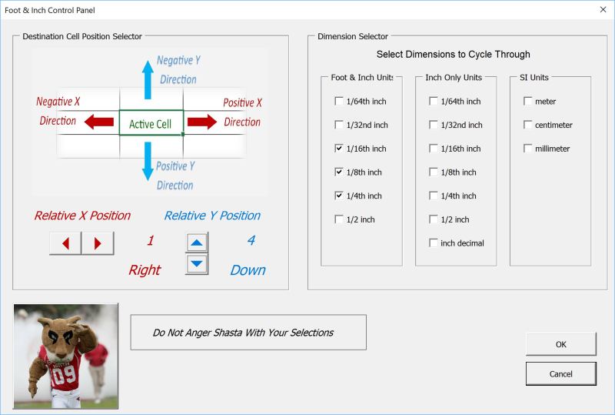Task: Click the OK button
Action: click(x=560, y=344)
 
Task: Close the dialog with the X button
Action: click(x=602, y=10)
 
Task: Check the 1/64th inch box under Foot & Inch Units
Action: click(x=339, y=102)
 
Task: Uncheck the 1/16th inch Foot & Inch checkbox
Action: click(x=339, y=149)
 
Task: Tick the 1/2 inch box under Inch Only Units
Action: click(x=434, y=219)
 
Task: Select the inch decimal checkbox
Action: click(x=434, y=243)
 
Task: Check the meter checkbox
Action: click(x=528, y=102)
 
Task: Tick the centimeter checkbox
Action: click(x=528, y=125)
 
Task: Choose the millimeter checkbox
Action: click(x=528, y=149)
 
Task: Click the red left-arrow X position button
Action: click(x=65, y=243)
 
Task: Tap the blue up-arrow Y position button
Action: click(x=198, y=243)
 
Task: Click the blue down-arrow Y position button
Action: click(x=198, y=263)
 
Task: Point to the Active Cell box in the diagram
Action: click(x=151, y=123)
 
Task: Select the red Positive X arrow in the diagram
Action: click(x=201, y=122)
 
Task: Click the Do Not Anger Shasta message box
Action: click(x=248, y=333)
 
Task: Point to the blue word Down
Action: click(x=248, y=270)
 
